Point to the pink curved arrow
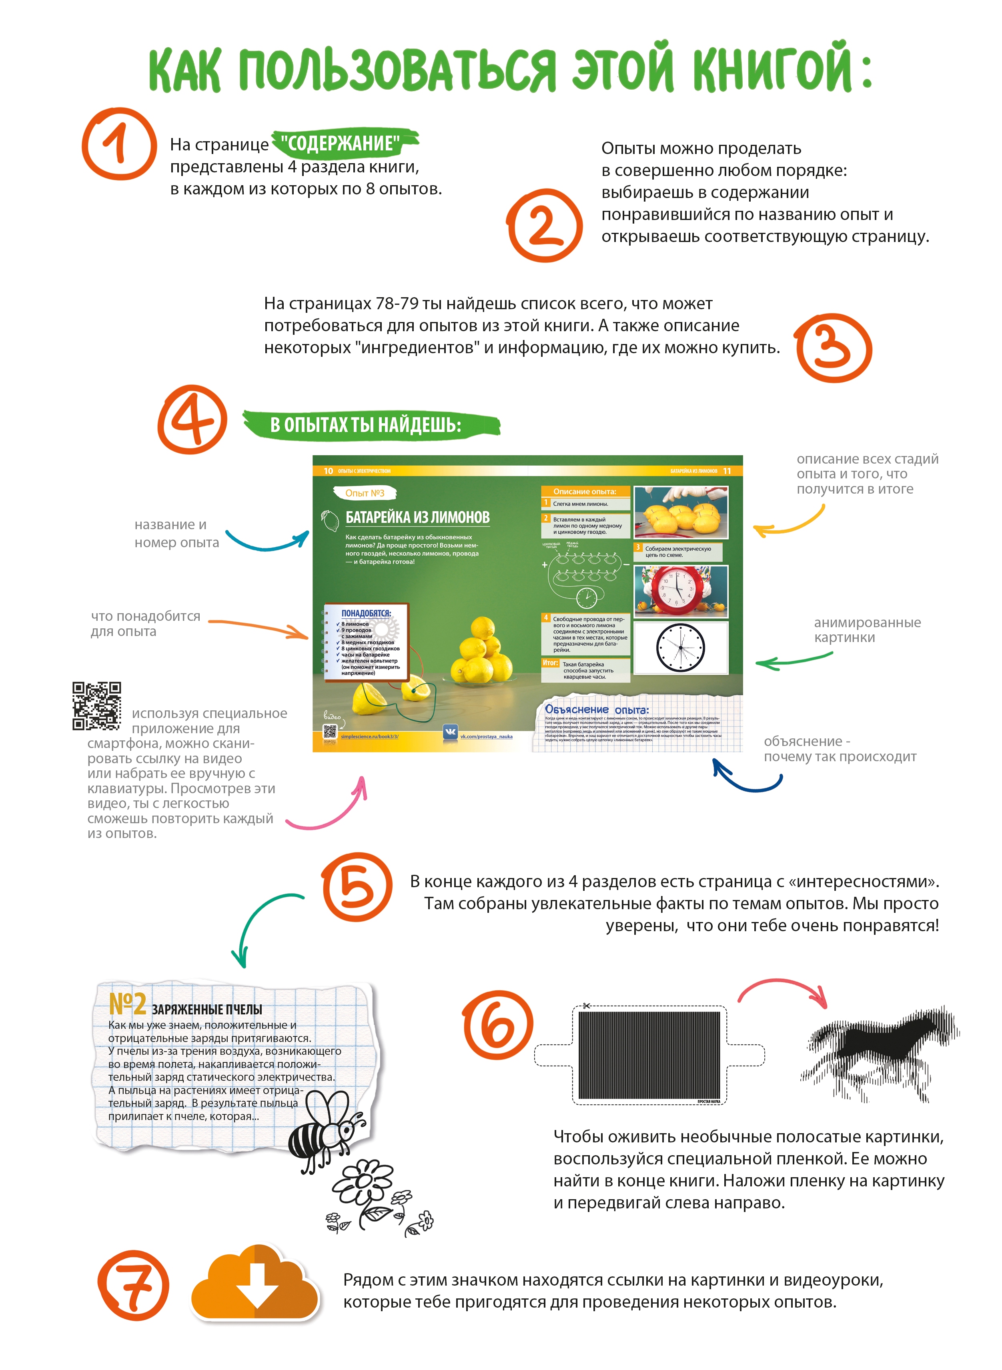[331, 809]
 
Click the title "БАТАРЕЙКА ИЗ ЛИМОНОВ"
[417, 517]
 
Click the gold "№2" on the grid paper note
[127, 1004]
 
